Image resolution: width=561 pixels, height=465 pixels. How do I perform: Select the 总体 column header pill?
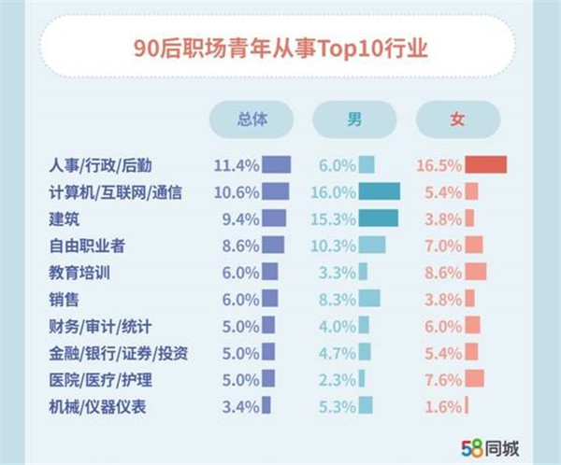click(252, 120)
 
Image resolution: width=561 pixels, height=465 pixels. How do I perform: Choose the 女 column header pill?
click(457, 120)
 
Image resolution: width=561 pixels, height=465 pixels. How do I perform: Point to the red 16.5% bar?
click(485, 165)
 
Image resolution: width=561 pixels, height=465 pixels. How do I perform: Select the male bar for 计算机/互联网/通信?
click(380, 192)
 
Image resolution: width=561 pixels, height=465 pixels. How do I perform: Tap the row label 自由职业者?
click(86, 246)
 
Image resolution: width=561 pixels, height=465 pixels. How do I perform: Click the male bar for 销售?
click(369, 299)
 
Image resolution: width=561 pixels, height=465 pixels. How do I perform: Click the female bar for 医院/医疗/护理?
click(474, 379)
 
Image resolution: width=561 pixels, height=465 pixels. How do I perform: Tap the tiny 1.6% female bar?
click(467, 405)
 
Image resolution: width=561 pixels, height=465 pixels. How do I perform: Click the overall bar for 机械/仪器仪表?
click(266, 405)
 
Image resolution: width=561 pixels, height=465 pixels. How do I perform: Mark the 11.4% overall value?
click(236, 165)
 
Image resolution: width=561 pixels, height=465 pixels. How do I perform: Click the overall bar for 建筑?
click(274, 218)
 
